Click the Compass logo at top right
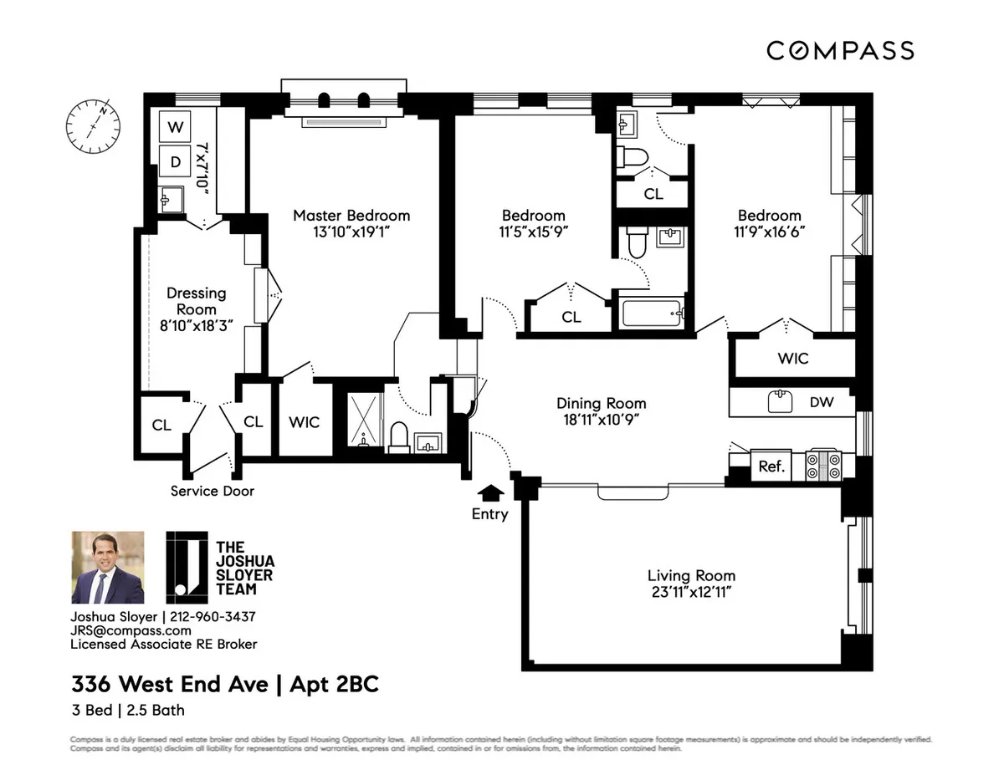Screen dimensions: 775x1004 coord(840,51)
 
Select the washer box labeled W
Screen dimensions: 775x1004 coord(175,127)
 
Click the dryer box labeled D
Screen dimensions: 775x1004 coord(175,162)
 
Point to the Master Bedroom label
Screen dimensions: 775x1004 coord(351,216)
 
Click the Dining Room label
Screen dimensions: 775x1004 coord(601,404)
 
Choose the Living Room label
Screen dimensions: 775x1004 coord(691,575)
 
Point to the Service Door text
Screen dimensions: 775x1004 coord(213,491)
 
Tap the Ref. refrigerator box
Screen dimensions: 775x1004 coord(771,467)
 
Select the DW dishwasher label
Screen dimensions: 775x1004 coord(822,402)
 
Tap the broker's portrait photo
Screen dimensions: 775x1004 coord(107,568)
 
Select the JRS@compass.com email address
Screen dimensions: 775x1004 coord(131,630)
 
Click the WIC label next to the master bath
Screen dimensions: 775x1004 coord(304,422)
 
